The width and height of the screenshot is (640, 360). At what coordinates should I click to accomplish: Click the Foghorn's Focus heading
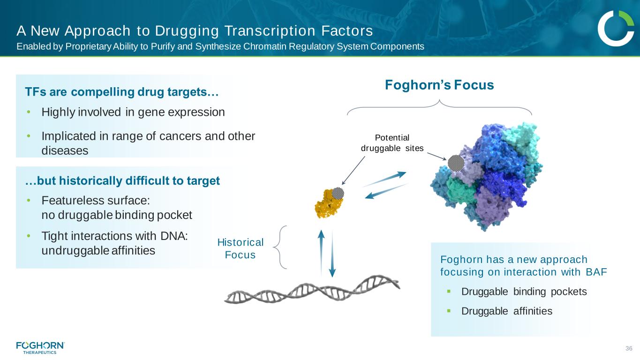(x=439, y=85)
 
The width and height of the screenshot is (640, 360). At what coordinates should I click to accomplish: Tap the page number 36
(x=629, y=348)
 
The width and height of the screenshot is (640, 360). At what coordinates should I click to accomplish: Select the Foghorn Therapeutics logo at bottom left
(x=40, y=348)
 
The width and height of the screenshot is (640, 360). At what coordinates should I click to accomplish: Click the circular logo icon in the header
(x=616, y=28)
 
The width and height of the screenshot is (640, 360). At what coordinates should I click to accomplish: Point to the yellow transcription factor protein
(x=329, y=203)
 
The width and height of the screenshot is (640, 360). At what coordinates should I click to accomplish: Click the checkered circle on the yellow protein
(x=338, y=193)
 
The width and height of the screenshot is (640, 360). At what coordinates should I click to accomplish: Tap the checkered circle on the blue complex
(x=456, y=163)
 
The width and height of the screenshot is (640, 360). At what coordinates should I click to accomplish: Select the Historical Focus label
(x=240, y=248)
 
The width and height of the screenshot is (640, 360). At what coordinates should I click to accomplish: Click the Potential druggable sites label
(x=392, y=143)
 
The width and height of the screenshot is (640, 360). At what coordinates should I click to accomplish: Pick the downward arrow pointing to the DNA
(x=332, y=254)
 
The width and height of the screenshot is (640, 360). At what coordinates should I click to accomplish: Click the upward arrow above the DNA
(x=321, y=253)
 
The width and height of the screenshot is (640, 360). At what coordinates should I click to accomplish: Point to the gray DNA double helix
(x=312, y=289)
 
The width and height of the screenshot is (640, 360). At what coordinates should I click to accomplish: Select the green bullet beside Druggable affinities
(x=449, y=311)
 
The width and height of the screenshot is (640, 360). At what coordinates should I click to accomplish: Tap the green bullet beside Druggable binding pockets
(x=449, y=292)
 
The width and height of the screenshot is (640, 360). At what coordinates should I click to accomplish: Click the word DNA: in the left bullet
(x=174, y=236)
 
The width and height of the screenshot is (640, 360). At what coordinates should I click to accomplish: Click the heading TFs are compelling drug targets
(x=122, y=92)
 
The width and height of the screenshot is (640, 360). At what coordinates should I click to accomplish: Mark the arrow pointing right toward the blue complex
(x=384, y=179)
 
